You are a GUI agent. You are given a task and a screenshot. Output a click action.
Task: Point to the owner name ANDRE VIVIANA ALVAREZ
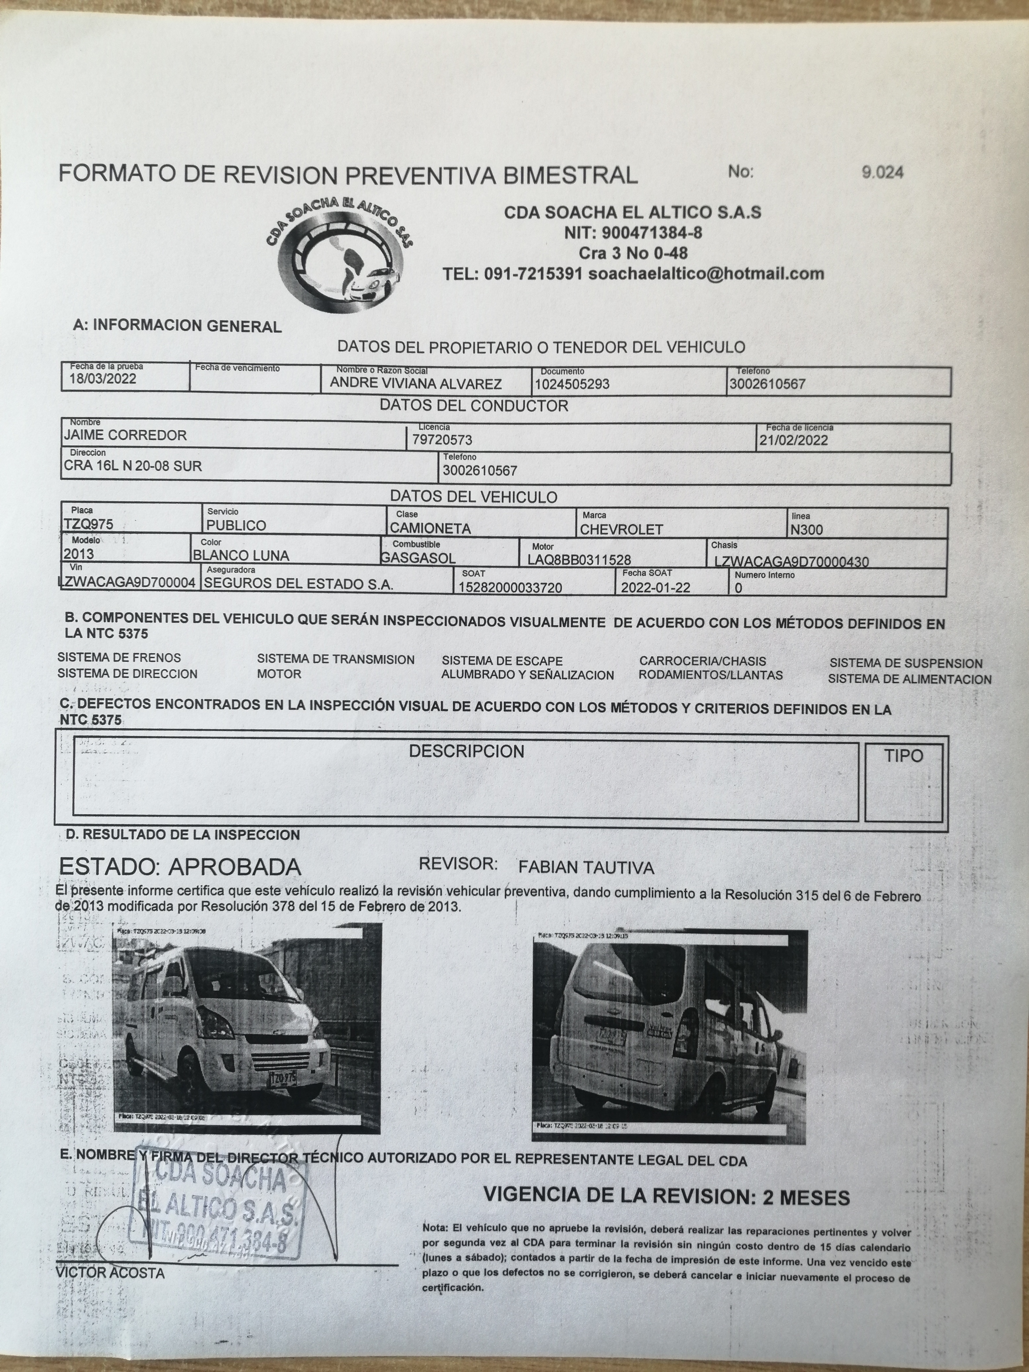pyautogui.click(x=416, y=384)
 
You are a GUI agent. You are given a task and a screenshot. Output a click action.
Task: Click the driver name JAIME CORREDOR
pyautogui.click(x=125, y=435)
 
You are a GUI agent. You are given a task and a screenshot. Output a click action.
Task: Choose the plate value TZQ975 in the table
pyautogui.click(x=89, y=524)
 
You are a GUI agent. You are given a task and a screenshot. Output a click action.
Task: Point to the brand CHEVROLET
pyautogui.click(x=621, y=530)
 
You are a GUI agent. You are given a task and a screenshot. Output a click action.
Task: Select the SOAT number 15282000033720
pyautogui.click(x=511, y=587)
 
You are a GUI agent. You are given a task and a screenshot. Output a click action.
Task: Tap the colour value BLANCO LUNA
pyautogui.click(x=241, y=556)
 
